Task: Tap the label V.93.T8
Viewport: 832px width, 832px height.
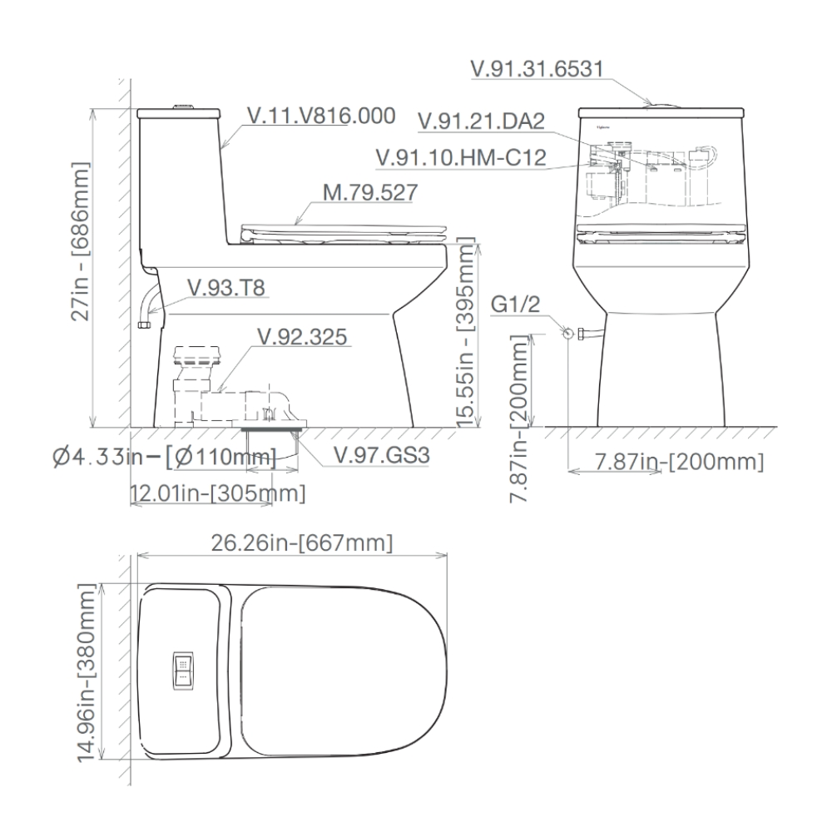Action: [x=225, y=287]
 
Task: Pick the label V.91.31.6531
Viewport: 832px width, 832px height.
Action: [x=537, y=68]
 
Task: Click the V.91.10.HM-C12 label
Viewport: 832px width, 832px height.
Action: [x=461, y=156]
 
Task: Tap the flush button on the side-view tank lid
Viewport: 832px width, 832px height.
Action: [x=184, y=106]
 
